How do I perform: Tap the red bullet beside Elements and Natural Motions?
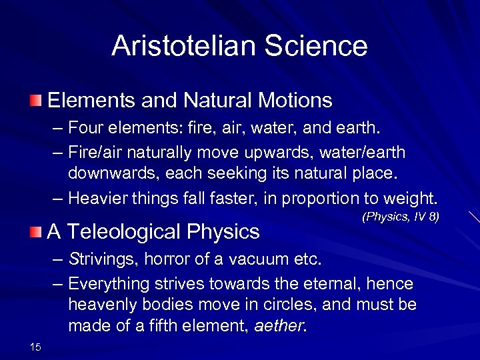[35, 101]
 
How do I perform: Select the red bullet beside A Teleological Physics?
[35, 231]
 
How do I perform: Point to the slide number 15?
[35, 345]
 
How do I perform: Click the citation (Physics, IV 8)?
[400, 217]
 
